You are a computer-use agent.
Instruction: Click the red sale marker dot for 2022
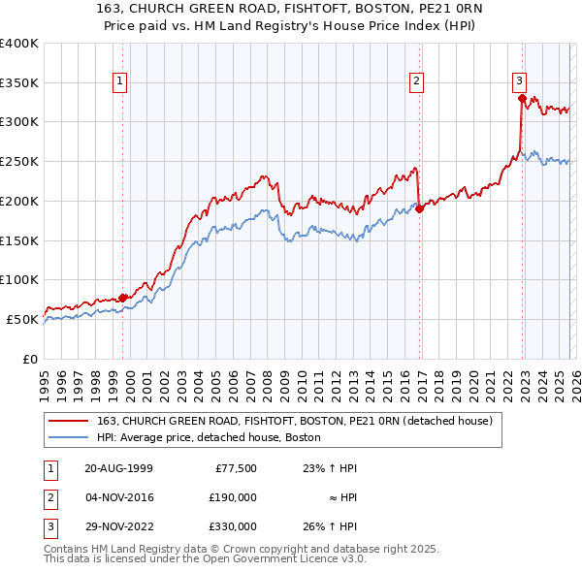coord(522,98)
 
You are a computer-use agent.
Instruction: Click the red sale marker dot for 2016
coord(419,208)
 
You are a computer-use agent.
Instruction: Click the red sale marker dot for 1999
coord(123,298)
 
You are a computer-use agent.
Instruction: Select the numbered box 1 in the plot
coord(119,81)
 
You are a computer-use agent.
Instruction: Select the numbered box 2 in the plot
coord(416,81)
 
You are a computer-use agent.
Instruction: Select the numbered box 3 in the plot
coord(519,81)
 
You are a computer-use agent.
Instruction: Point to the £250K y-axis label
coord(19,162)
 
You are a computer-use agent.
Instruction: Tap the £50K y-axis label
coord(23,319)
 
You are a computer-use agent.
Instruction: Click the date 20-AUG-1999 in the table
coord(118,468)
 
